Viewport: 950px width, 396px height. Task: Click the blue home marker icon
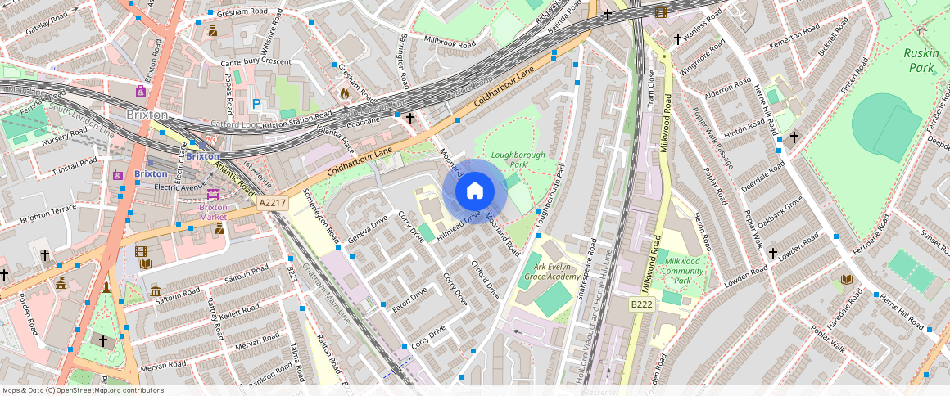[474, 191]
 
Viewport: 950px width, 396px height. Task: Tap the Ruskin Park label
[921, 60]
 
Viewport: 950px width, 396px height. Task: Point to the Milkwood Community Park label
[682, 271]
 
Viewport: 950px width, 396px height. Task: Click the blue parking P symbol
[256, 104]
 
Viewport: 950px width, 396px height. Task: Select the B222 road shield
[641, 304]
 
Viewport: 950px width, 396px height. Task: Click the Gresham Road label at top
[243, 12]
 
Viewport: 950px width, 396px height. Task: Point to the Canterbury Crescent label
[256, 62]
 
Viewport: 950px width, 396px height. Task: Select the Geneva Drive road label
[367, 230]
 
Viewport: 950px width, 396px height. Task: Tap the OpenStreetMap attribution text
[83, 390]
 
